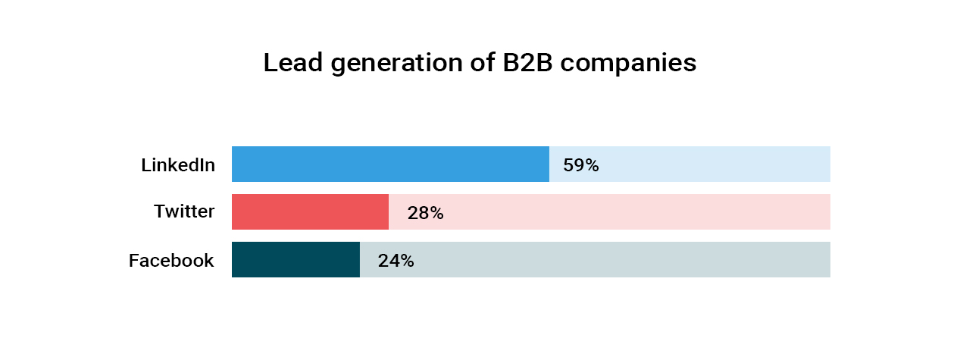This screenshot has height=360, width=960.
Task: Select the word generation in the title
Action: [393, 64]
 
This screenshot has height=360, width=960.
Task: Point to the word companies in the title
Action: [628, 64]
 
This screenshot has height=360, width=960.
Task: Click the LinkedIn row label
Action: [178, 164]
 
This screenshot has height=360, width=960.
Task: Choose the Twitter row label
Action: [184, 211]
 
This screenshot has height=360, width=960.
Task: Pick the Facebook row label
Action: [171, 261]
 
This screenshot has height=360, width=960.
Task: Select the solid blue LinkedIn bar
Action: [390, 164]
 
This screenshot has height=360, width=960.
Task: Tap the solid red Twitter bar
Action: [310, 212]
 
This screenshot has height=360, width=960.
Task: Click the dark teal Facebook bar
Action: [296, 260]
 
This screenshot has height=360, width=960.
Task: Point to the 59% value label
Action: [580, 165]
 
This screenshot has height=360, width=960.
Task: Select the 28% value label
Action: [425, 213]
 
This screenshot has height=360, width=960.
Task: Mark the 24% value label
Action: [396, 261]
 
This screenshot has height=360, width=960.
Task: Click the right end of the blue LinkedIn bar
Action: [547, 164]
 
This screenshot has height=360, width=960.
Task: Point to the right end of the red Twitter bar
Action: [386, 212]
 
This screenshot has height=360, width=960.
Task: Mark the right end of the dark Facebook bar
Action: [358, 260]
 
